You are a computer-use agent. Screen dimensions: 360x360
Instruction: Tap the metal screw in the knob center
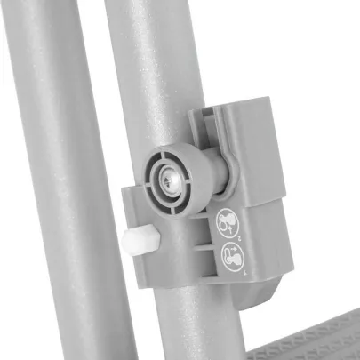pos(172,178)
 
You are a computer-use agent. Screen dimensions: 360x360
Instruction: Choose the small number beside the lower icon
pos(246,276)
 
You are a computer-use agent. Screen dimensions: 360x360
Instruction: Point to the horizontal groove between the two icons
pos(233,243)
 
